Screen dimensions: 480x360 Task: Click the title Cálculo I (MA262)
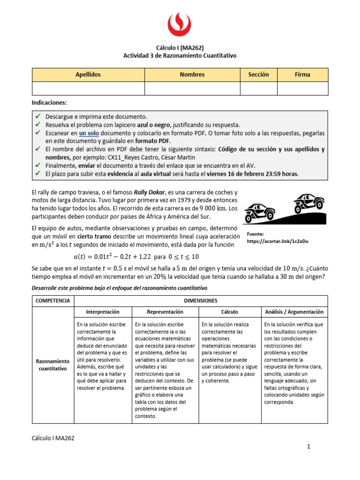coord(180,47)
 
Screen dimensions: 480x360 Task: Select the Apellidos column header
coord(88,75)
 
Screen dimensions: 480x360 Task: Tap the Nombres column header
coord(192,75)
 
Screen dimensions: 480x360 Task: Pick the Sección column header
coord(258,75)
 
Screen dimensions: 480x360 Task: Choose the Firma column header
coord(302,75)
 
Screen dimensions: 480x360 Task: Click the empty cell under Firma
coord(302,88)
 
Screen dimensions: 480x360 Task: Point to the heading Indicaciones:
coord(49,102)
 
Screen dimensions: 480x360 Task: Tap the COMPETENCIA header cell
coord(52,300)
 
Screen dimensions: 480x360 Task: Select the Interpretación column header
coord(103,311)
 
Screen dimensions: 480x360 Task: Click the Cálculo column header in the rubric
coord(229,311)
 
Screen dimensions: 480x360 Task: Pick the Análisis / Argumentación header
coord(294,311)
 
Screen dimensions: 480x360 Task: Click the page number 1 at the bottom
coord(309,447)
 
